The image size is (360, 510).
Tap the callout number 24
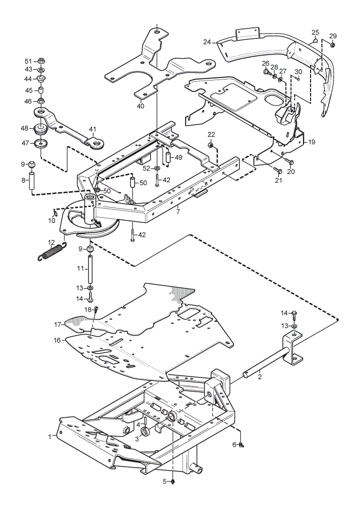click(x=207, y=42)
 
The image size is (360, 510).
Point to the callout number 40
click(x=140, y=106)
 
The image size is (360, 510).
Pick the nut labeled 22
click(x=211, y=145)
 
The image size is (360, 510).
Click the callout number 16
click(x=57, y=340)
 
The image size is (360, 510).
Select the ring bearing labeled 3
click(x=145, y=431)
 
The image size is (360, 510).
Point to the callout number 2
click(x=260, y=377)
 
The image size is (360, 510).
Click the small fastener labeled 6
click(x=241, y=445)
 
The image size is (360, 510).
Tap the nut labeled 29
click(x=332, y=45)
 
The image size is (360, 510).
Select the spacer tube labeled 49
click(x=168, y=157)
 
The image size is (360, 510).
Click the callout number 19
click(x=312, y=142)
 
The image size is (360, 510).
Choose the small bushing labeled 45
click(x=41, y=90)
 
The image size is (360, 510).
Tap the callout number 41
click(x=93, y=130)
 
